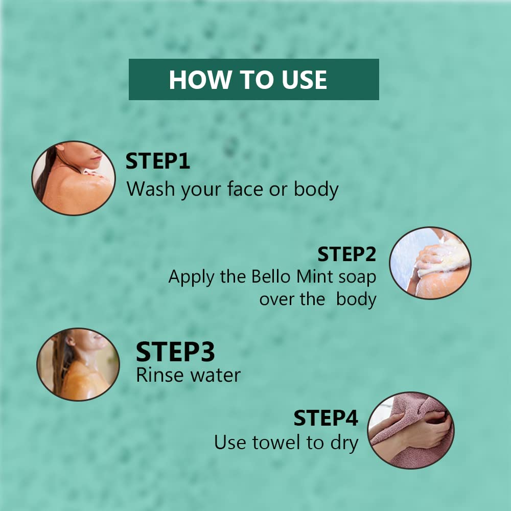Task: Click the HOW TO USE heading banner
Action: tap(254, 79)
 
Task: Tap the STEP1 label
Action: tap(158, 161)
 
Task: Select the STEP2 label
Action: tap(347, 254)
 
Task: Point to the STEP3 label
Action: tap(175, 352)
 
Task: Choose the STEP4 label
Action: tap(326, 418)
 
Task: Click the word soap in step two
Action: tap(358, 277)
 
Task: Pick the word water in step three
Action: tap(216, 376)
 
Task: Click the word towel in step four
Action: tap(276, 443)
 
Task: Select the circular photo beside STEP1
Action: tap(74, 178)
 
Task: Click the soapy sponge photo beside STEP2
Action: tap(430, 263)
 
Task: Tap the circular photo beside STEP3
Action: tap(78, 364)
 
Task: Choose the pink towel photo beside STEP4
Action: tap(411, 430)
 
